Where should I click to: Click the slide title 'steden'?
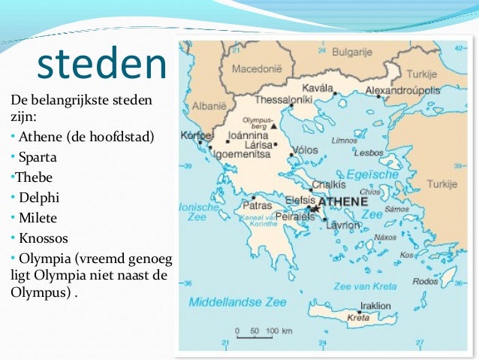(102, 65)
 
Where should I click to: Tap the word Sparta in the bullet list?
(38, 159)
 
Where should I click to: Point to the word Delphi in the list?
(38, 198)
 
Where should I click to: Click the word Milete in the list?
(38, 218)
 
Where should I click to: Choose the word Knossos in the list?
(44, 238)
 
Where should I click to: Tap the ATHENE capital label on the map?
(343, 202)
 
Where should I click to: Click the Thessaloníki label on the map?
(284, 99)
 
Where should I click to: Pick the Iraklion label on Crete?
(375, 306)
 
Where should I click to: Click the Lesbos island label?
(369, 153)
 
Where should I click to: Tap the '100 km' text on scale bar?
(278, 331)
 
